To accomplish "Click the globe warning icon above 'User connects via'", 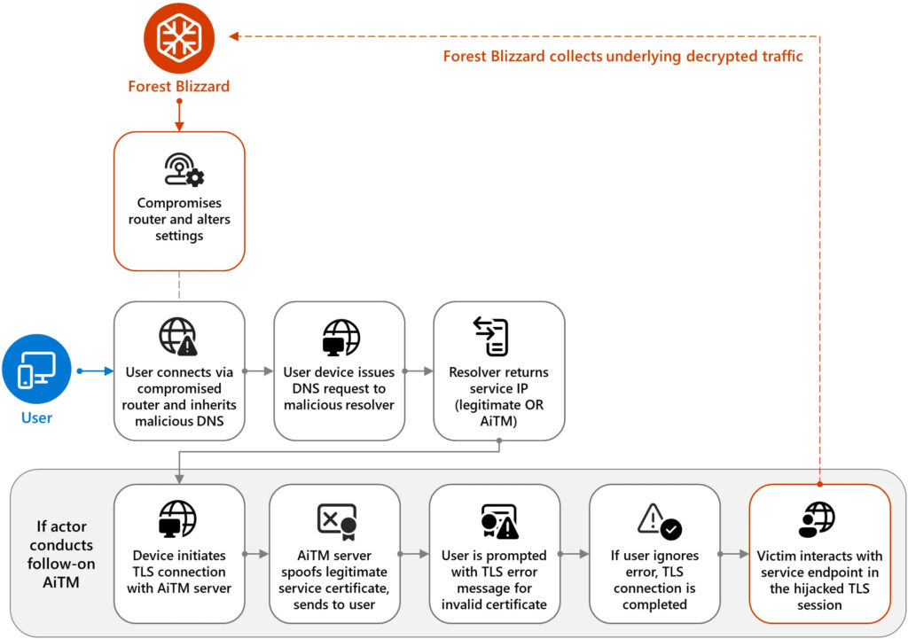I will point(178,336).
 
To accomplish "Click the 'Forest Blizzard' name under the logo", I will point(179,86).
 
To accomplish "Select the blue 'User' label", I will point(37,417).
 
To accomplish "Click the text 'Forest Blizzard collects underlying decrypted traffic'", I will point(622,57).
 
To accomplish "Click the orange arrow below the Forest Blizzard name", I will point(179,113).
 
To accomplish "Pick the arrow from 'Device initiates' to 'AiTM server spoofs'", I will point(257,555).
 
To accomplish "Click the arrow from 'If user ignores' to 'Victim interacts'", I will point(735,555).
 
